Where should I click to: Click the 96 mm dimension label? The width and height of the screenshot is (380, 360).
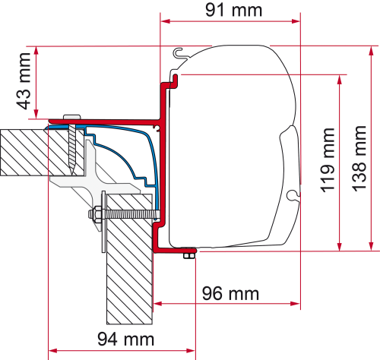[230, 292]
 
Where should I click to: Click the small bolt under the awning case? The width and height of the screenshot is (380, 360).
[188, 258]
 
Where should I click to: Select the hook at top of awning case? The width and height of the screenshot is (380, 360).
[180, 53]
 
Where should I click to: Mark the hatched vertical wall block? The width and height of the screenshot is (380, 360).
[128, 266]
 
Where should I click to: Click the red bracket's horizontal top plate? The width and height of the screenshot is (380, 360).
[106, 120]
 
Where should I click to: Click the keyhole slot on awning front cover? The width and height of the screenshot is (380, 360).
[291, 195]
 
